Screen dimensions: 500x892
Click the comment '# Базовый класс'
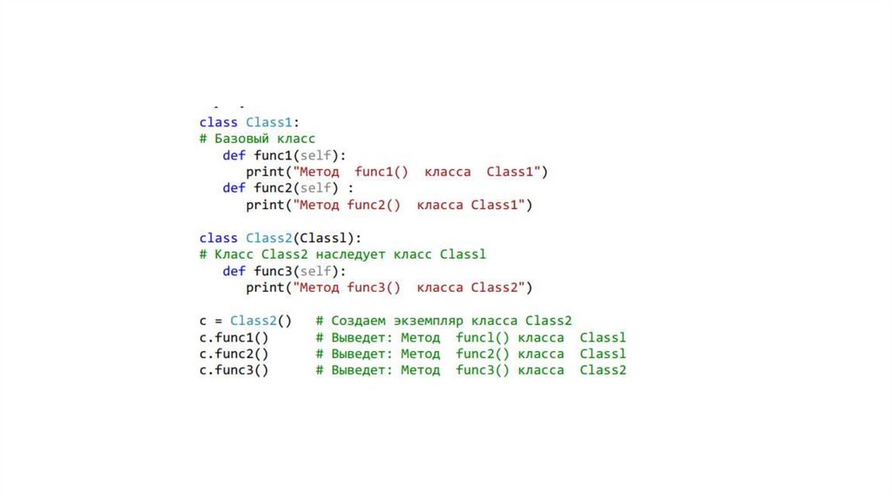[257, 139]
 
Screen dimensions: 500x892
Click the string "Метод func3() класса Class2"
[409, 287]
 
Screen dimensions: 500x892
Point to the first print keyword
[265, 172]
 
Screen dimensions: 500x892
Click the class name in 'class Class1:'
[269, 122]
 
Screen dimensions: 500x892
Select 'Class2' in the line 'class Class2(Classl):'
[269, 238]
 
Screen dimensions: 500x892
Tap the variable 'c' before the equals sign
[203, 321]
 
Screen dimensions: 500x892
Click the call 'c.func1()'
[233, 337]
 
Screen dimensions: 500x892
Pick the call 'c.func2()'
[233, 354]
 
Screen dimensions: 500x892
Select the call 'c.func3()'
[233, 370]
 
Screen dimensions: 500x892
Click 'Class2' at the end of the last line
[603, 370]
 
